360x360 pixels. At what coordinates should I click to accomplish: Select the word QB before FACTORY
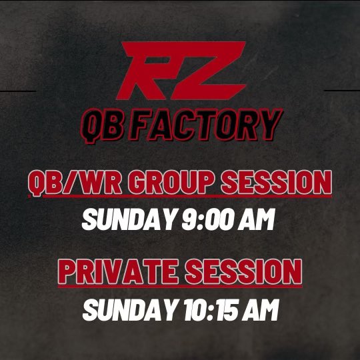coord(102,124)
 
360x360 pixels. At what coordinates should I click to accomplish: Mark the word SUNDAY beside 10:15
coord(121,310)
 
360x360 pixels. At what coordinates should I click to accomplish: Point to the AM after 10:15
coord(262,310)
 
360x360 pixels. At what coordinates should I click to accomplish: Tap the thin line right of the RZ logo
coord(341,90)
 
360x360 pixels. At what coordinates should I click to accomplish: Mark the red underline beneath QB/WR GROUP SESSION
coord(187,197)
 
